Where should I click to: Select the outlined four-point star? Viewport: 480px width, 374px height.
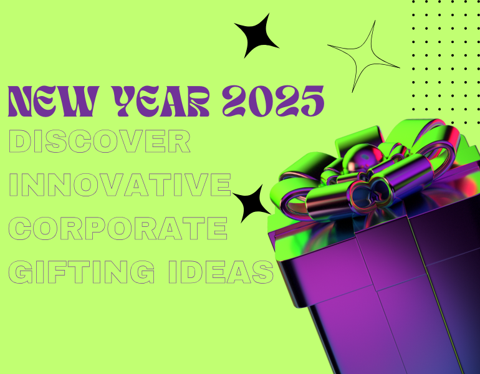pos(365,56)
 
